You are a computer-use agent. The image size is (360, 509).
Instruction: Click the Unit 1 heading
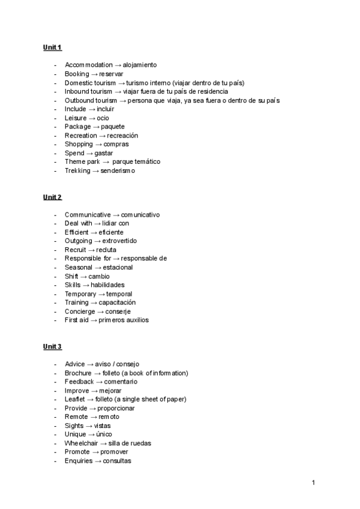point(52,47)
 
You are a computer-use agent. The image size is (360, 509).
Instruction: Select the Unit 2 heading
point(52,197)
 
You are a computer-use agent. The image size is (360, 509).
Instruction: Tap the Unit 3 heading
point(52,347)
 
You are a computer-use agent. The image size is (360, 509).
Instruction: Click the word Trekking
point(77,170)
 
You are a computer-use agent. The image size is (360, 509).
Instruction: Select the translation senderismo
point(118,170)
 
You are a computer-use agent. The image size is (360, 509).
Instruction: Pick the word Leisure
point(76,118)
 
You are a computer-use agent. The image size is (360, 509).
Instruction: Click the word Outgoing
point(78,241)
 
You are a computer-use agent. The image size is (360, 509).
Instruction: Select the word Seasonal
point(79,267)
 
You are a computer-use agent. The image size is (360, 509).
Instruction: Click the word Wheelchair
point(82,443)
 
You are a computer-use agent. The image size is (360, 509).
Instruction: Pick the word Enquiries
point(79,460)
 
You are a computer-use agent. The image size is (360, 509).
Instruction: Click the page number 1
point(313,482)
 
